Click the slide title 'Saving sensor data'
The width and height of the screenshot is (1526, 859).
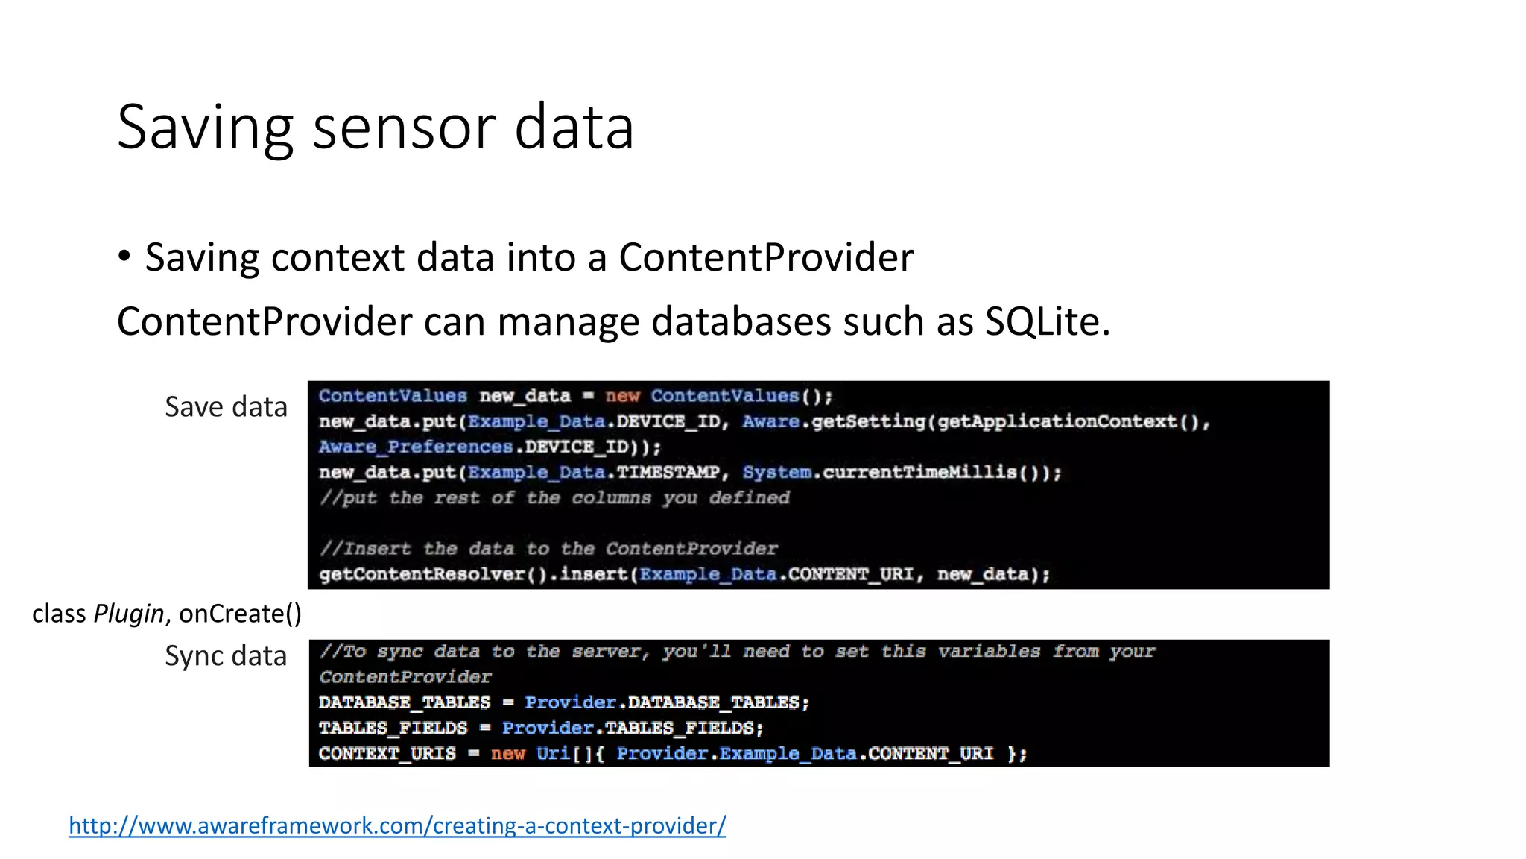[x=375, y=128]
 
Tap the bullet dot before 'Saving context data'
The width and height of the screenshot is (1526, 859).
[x=124, y=257]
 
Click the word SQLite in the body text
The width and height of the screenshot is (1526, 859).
[x=1046, y=321]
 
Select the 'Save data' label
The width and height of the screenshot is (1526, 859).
[x=226, y=407]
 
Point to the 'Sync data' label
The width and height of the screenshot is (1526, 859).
[x=226, y=656]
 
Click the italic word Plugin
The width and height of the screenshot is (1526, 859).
[x=128, y=614]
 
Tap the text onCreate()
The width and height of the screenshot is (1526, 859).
[x=240, y=614]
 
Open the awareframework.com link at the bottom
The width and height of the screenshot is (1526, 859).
[x=397, y=825]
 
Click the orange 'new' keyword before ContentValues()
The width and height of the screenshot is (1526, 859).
[x=622, y=396]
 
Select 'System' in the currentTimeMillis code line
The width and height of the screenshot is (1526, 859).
[x=776, y=472]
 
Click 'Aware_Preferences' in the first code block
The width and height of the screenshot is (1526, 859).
[x=416, y=447]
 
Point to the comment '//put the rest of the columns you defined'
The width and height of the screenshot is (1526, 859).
[x=554, y=497]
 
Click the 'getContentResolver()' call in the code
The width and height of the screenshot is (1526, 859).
[x=433, y=574]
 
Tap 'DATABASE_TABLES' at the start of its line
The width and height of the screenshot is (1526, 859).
[x=405, y=702]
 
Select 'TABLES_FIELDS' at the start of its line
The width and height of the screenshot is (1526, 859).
[x=393, y=728]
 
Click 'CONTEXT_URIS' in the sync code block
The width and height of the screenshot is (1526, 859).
[x=387, y=753]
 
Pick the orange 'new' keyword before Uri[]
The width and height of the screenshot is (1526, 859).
[x=507, y=753]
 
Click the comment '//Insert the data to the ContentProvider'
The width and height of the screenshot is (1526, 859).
[x=548, y=549]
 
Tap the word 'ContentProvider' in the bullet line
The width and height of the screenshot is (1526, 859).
[x=765, y=258]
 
